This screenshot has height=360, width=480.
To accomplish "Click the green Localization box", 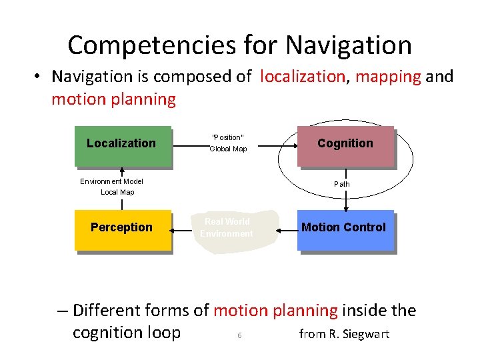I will pos(123,145).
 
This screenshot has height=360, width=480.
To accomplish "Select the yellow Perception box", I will pos(123,230).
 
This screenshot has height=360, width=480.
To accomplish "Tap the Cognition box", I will pos(345,145).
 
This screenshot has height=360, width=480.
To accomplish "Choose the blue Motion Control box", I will pos(345,230).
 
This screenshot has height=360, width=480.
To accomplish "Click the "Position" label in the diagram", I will pos(227,137).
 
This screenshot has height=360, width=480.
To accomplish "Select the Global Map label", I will pos(228,149).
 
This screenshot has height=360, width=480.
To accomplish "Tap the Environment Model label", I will pos(111,181).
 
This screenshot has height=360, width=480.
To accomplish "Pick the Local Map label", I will pos(117,192).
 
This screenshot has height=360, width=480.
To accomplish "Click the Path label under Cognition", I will pos(341,184).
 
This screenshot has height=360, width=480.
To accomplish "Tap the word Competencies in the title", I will pos(150,45).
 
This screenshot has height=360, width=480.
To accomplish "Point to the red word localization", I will pos(302,77).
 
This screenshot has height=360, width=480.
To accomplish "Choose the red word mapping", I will pos(388,77).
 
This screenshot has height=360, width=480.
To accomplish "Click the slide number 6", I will pos(239,335).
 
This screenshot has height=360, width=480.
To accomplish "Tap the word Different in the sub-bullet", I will pos(111,311).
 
